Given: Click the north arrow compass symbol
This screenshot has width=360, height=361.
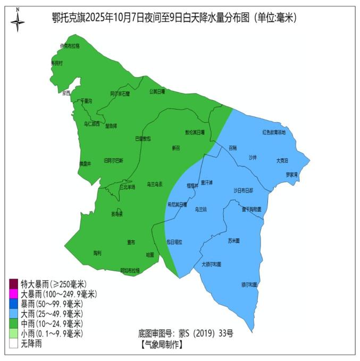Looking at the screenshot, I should (x=18, y=20).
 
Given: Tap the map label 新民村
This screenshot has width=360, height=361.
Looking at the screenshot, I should (x=56, y=63).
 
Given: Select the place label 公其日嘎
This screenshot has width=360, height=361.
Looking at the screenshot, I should (x=157, y=91).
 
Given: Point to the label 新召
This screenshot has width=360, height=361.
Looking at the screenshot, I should (x=176, y=148).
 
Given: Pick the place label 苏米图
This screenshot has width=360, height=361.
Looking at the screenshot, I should (x=233, y=240).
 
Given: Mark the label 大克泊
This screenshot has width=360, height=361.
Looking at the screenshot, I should (x=282, y=160).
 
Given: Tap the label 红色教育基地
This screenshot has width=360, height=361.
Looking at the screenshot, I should (x=274, y=132).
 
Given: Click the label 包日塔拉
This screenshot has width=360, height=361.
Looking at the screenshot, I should (x=174, y=242).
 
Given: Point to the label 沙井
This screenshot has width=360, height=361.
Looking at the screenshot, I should (x=253, y=158).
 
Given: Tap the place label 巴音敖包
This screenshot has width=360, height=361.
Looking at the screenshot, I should (x=143, y=138).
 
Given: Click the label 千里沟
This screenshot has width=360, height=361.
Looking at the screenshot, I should (x=86, y=100).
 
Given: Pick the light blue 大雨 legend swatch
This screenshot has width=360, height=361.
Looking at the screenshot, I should (x=14, y=314).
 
